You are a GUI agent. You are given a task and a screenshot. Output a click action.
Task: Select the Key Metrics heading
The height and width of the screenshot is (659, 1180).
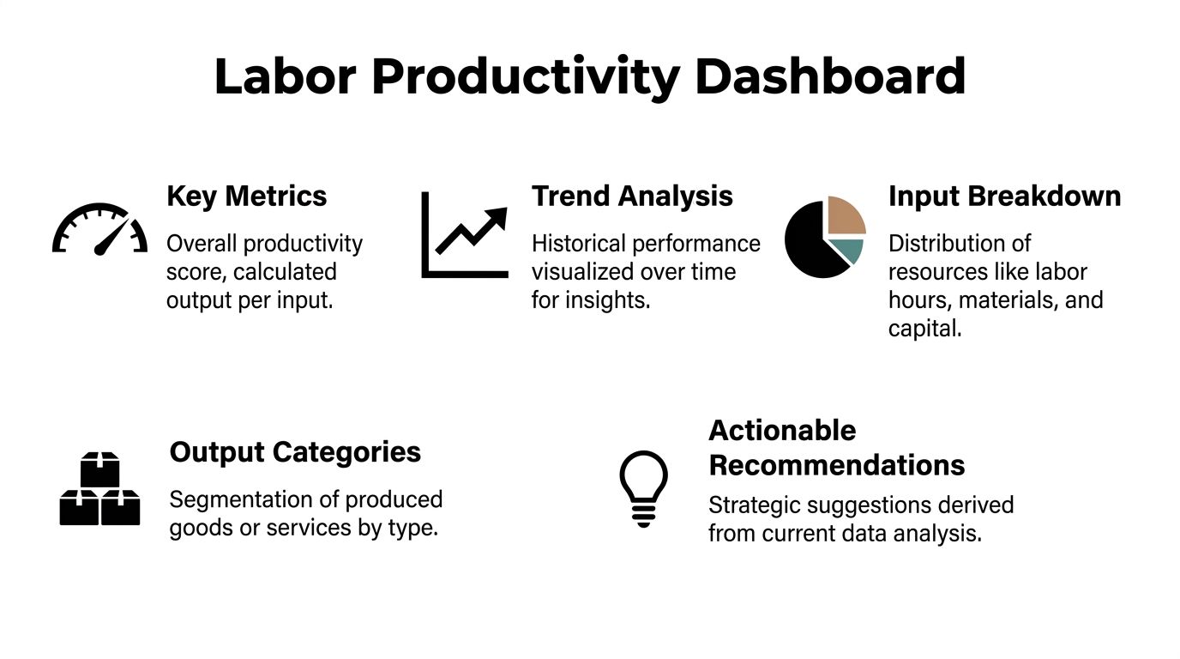(x=246, y=196)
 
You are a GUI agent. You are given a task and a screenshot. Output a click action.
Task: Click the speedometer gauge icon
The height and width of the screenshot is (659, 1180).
(x=99, y=229)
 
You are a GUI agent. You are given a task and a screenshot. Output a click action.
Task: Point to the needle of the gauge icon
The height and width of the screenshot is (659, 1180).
(x=111, y=238)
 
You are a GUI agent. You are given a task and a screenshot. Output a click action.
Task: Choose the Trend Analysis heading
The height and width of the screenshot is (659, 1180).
(x=632, y=196)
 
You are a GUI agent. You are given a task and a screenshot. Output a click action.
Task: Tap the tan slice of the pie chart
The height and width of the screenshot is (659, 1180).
(x=846, y=215)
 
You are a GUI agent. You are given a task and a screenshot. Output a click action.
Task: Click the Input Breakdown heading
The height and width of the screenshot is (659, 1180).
(x=1004, y=196)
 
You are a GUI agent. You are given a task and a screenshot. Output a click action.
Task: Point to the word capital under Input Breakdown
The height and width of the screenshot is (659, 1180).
(x=924, y=329)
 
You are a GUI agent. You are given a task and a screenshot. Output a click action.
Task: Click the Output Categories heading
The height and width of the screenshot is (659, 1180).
(x=295, y=452)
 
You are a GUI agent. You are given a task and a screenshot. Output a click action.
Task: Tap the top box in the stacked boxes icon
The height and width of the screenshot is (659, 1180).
(x=100, y=469)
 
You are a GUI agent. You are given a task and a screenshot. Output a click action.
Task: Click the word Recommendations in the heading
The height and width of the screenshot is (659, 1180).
(x=836, y=465)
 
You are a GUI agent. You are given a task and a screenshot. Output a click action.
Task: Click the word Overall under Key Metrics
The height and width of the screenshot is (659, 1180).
(x=202, y=244)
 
